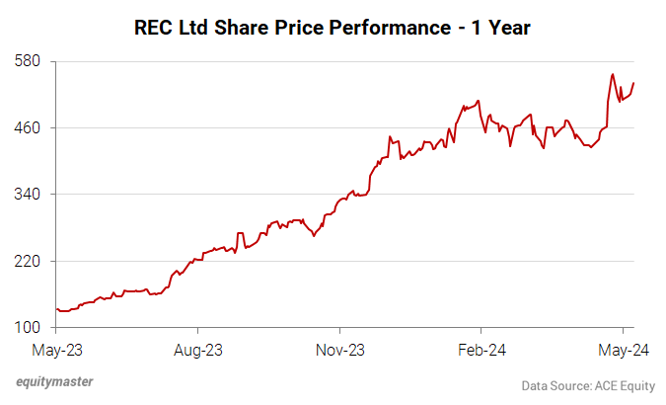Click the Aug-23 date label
(x=198, y=350)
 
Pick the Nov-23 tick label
(x=339, y=350)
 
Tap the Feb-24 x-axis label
(x=481, y=350)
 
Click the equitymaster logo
(x=61, y=382)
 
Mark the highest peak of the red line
(x=613, y=74)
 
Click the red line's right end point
(x=633, y=83)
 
